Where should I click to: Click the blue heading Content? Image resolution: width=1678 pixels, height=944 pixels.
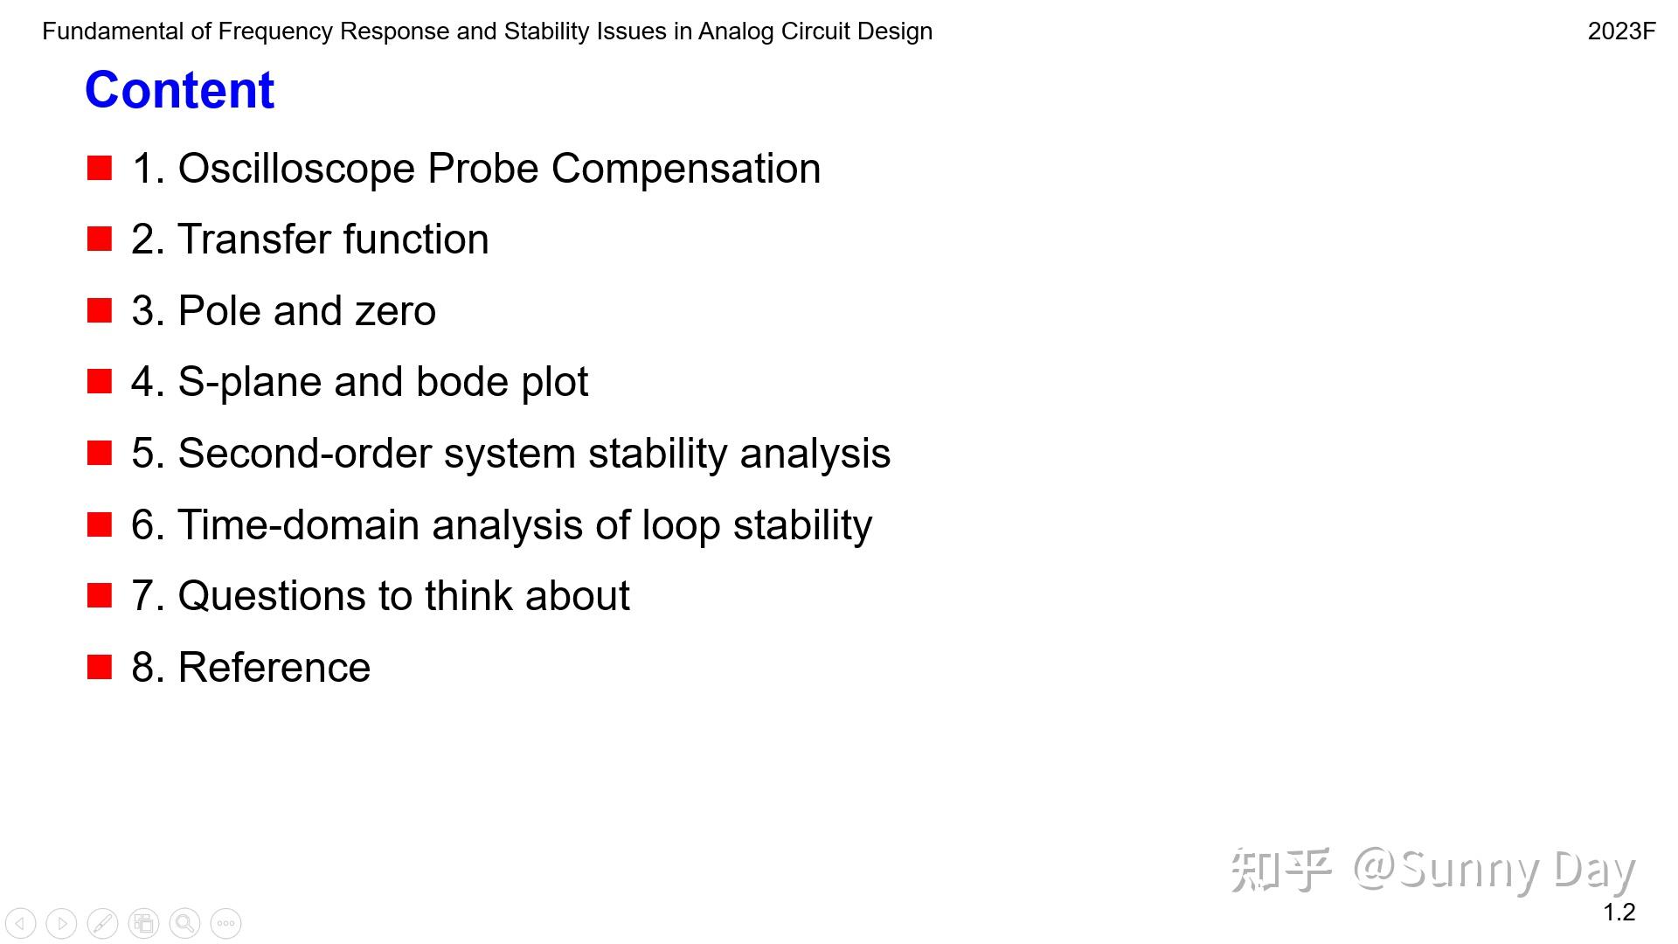click(179, 90)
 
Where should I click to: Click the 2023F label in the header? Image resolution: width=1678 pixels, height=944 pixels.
click(1621, 31)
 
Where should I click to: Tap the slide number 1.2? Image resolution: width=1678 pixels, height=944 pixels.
click(1619, 913)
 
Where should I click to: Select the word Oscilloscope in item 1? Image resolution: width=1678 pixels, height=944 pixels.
click(295, 169)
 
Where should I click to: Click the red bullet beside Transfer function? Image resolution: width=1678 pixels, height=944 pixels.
click(100, 239)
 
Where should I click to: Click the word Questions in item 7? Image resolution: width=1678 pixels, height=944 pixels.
click(272, 596)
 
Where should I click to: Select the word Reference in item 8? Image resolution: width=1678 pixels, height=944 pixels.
click(274, 668)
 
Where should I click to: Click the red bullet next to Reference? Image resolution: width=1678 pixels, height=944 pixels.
click(100, 667)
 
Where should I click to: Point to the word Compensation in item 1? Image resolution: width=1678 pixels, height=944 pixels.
click(685, 169)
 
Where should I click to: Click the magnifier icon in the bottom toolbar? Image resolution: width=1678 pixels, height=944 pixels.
click(184, 923)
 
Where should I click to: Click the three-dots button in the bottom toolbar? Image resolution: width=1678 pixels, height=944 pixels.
click(225, 923)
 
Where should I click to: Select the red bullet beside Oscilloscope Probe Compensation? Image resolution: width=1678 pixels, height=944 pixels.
click(100, 168)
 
